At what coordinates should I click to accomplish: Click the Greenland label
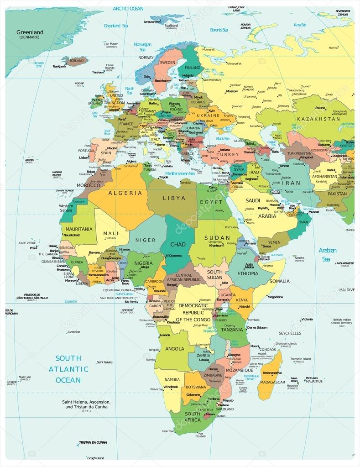(x=30, y=32)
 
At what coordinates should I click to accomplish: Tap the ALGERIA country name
(x=125, y=193)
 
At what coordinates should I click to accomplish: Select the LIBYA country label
(x=174, y=198)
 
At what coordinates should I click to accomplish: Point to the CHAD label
(x=178, y=244)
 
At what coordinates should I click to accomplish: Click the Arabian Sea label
(x=328, y=255)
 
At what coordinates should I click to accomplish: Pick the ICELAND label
(x=77, y=60)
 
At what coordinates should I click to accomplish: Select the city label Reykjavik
(x=59, y=66)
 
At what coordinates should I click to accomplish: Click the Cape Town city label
(x=168, y=431)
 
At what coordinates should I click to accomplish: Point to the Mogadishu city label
(x=276, y=297)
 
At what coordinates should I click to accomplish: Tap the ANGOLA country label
(x=175, y=349)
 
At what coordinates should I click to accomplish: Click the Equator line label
(x=71, y=301)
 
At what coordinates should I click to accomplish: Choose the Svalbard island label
(x=171, y=26)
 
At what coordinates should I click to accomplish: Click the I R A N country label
(x=292, y=183)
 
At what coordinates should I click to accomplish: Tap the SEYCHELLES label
(x=290, y=333)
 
